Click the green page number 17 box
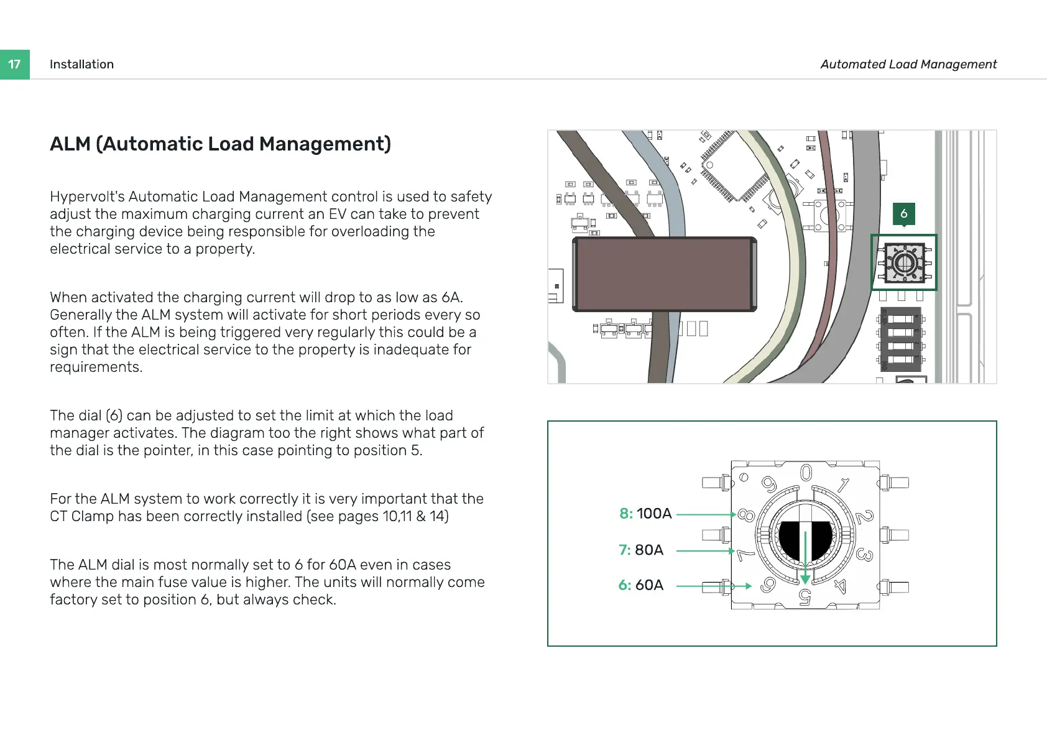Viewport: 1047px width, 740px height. tap(14, 64)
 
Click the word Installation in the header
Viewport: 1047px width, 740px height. tap(81, 64)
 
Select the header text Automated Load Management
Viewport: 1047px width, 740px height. tap(908, 64)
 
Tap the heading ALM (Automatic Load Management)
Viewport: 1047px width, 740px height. tap(220, 144)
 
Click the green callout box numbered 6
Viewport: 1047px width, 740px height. tap(903, 213)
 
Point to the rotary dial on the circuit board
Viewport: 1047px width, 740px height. tap(904, 263)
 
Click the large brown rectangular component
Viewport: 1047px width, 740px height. tap(664, 274)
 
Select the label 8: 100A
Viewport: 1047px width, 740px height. tap(645, 514)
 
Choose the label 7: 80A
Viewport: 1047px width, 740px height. tap(641, 550)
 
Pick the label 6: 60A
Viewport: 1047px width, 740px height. tap(640, 585)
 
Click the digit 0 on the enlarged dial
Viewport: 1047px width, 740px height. tap(806, 473)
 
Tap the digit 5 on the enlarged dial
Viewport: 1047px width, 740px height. tap(805, 597)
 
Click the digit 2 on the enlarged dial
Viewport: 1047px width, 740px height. tap(864, 516)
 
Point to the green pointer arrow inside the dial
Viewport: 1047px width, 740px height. tap(805, 557)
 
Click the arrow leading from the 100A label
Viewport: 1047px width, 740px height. tap(706, 514)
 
